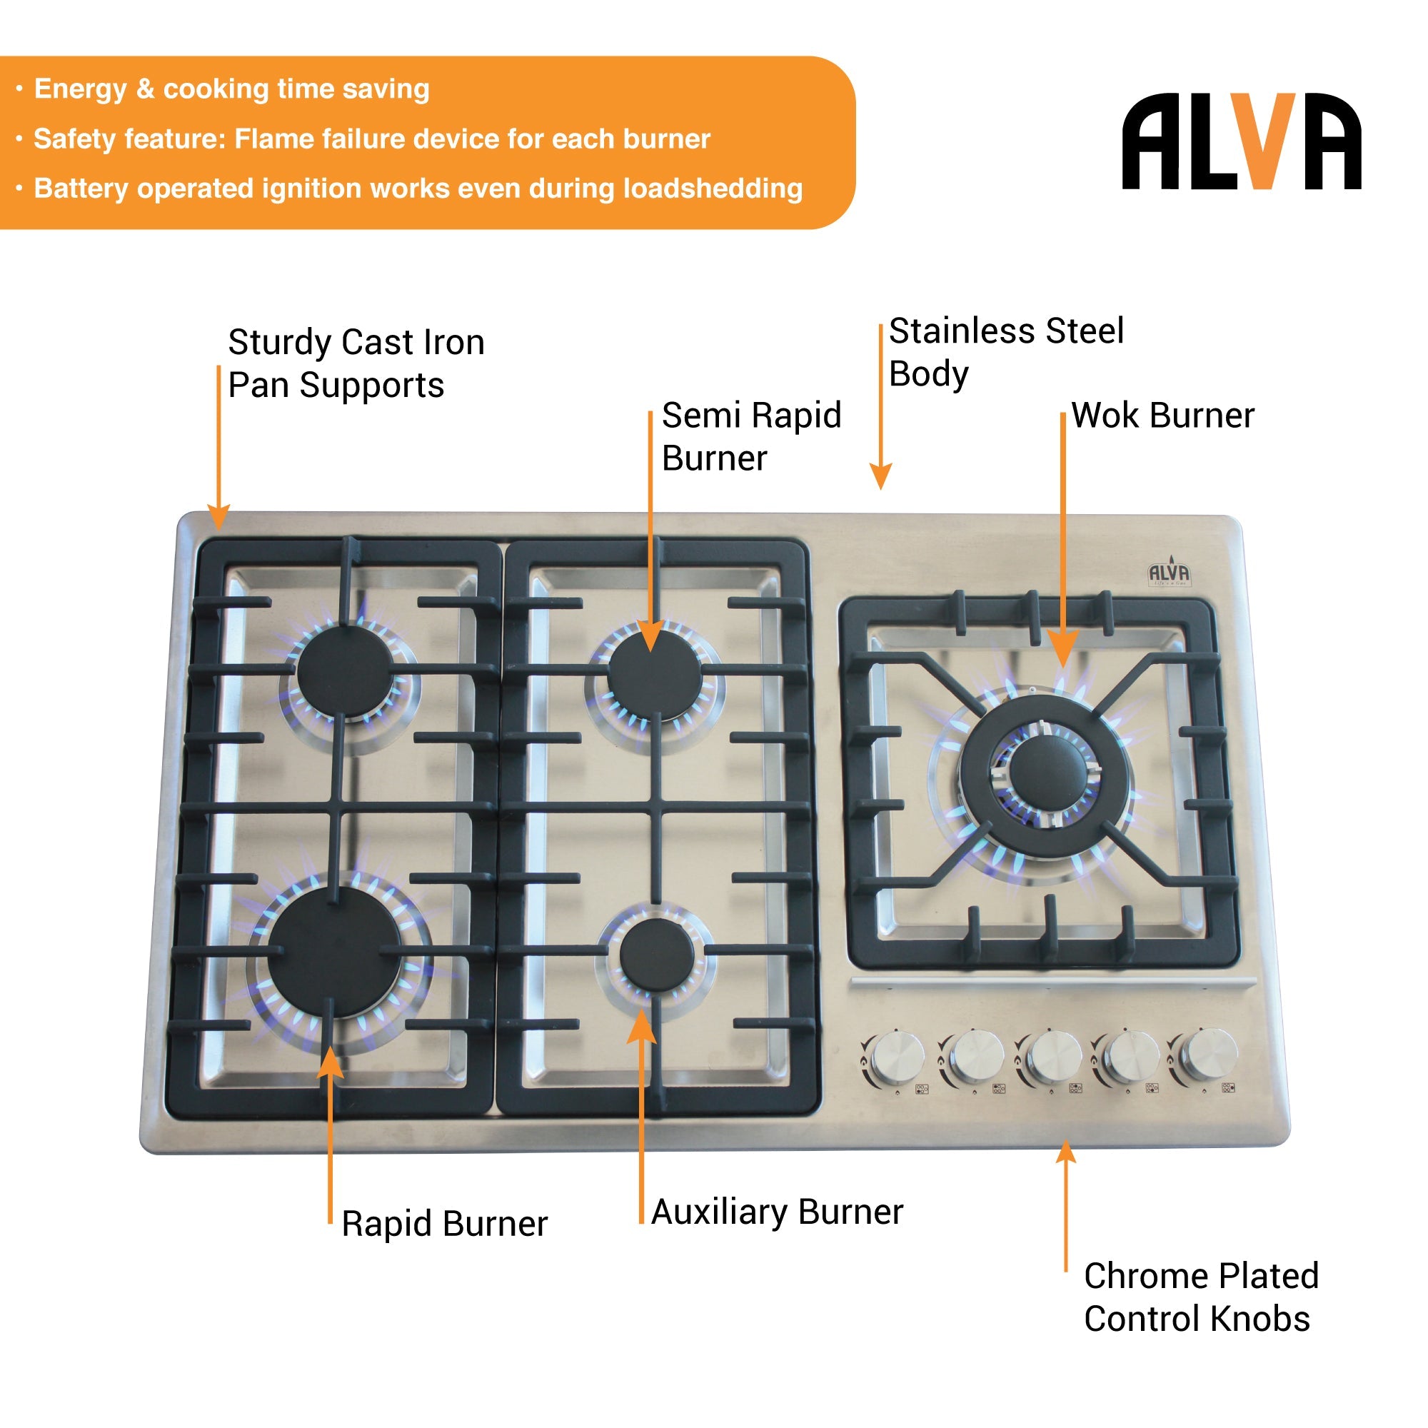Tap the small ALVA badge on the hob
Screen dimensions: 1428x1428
(1169, 573)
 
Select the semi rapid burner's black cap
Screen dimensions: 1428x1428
(655, 673)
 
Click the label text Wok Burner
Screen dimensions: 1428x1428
(1162, 416)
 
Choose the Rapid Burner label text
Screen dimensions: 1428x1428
(444, 1223)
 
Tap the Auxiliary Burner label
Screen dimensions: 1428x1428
(777, 1212)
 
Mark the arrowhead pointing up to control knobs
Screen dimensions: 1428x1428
(1066, 1152)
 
